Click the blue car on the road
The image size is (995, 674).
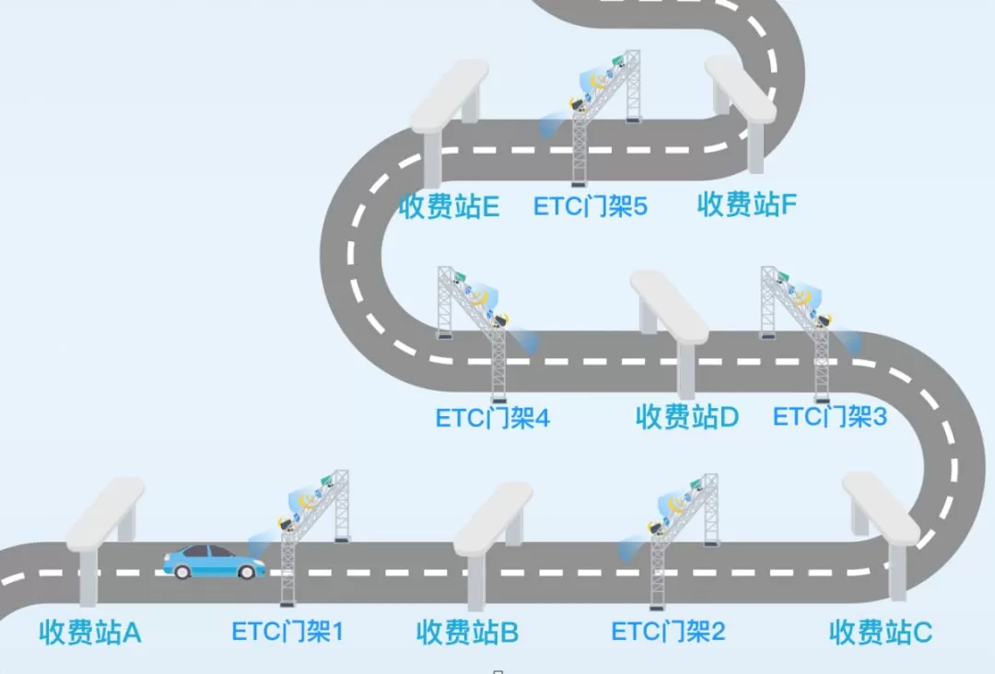point(214,561)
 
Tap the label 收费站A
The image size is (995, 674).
point(89,633)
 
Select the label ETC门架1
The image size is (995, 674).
point(287,632)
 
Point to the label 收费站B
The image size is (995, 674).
point(467,633)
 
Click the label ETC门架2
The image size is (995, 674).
point(668,632)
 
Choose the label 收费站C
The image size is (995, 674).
point(880,633)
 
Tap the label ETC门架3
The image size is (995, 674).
point(829,417)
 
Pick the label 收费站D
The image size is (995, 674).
point(686,417)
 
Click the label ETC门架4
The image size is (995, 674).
point(492,418)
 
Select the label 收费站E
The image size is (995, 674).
point(449,206)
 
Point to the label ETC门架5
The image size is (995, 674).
point(590,206)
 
